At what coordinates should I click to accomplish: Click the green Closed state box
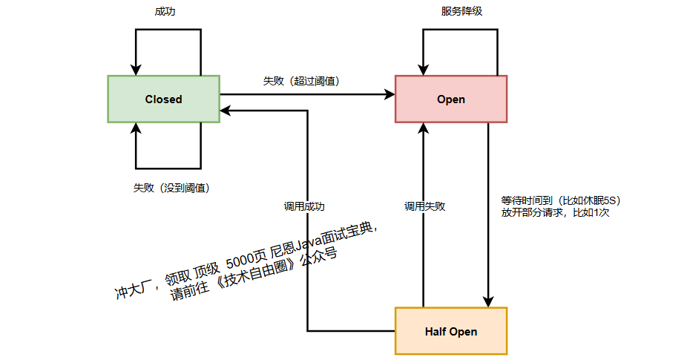(x=163, y=99)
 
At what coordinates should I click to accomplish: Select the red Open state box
(x=451, y=99)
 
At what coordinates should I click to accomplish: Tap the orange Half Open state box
(x=451, y=331)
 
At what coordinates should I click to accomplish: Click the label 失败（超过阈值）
(x=301, y=81)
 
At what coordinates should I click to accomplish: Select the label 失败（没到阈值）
(x=171, y=188)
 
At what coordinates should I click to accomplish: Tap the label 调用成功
(x=304, y=206)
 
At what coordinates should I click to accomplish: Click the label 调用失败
(x=425, y=206)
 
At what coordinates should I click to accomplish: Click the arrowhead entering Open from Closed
(x=389, y=94)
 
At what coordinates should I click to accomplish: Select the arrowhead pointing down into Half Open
(x=488, y=301)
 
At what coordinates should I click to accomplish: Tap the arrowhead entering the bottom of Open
(x=424, y=128)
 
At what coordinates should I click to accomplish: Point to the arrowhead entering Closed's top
(x=136, y=70)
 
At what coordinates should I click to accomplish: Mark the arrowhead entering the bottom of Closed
(x=136, y=128)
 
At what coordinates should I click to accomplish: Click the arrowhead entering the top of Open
(x=424, y=70)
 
